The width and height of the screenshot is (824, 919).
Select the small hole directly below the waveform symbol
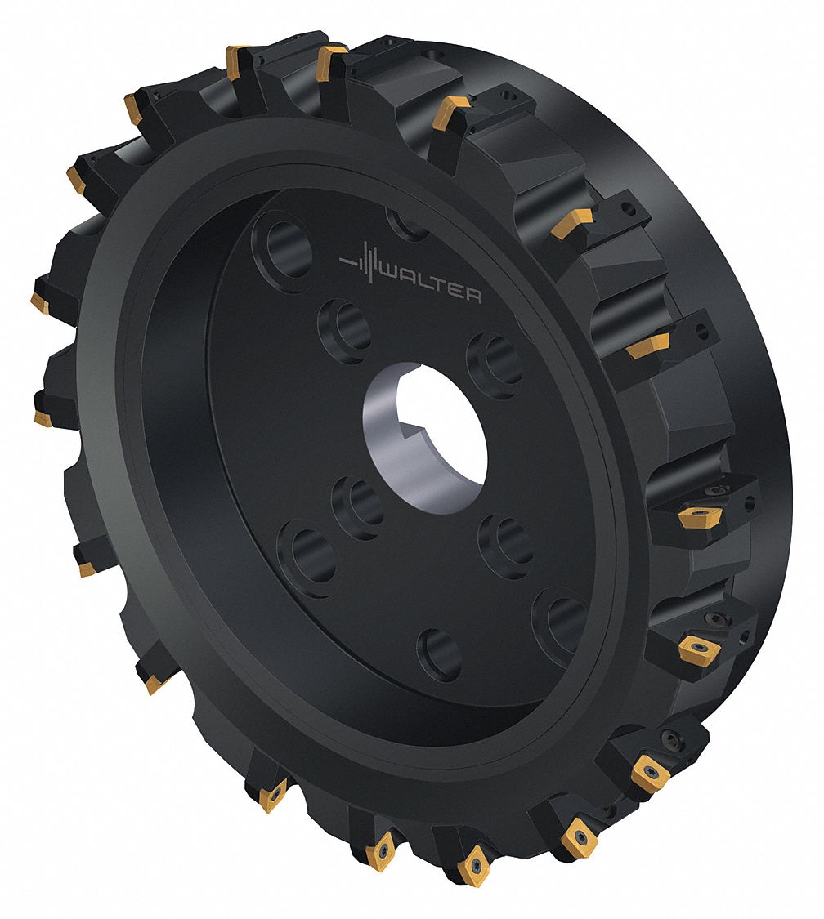[344, 330]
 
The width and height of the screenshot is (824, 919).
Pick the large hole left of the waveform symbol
[283, 249]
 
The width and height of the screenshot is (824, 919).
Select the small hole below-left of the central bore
[358, 508]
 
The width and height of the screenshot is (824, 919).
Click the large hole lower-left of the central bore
[307, 559]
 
